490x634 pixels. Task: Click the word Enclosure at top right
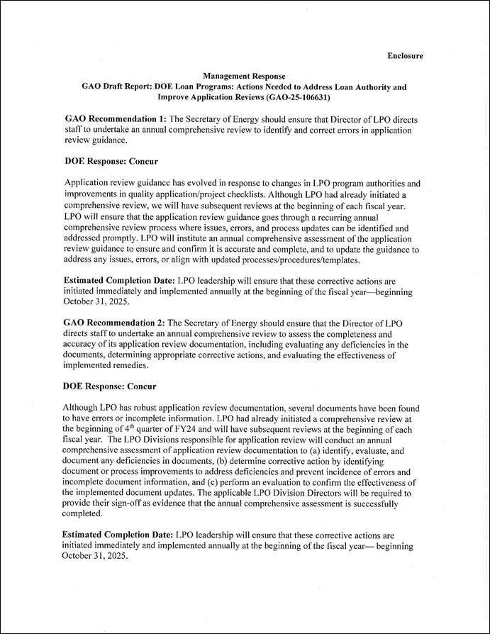pyautogui.click(x=405, y=55)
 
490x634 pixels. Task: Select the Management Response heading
pyautogui.click(x=244, y=76)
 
